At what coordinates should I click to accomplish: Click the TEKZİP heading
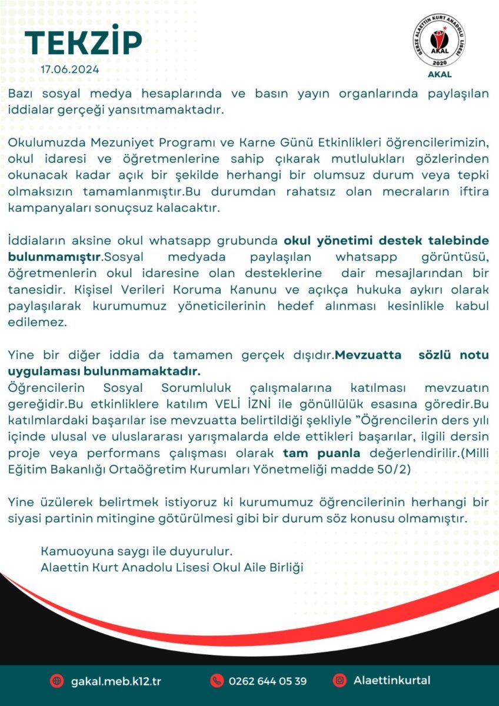click(x=83, y=42)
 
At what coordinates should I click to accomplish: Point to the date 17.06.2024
click(x=70, y=69)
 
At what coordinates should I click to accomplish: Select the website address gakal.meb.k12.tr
click(x=115, y=681)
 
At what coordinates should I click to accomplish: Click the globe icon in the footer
click(x=57, y=681)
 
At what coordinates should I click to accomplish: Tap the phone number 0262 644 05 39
click(x=267, y=681)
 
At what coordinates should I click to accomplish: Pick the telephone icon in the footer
click(x=217, y=681)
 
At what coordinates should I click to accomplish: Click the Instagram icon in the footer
click(x=340, y=681)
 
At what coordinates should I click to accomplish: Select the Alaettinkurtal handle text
click(x=392, y=681)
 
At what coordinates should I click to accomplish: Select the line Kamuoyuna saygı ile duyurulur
click(x=137, y=552)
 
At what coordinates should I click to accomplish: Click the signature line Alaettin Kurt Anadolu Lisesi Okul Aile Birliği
click(x=171, y=568)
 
